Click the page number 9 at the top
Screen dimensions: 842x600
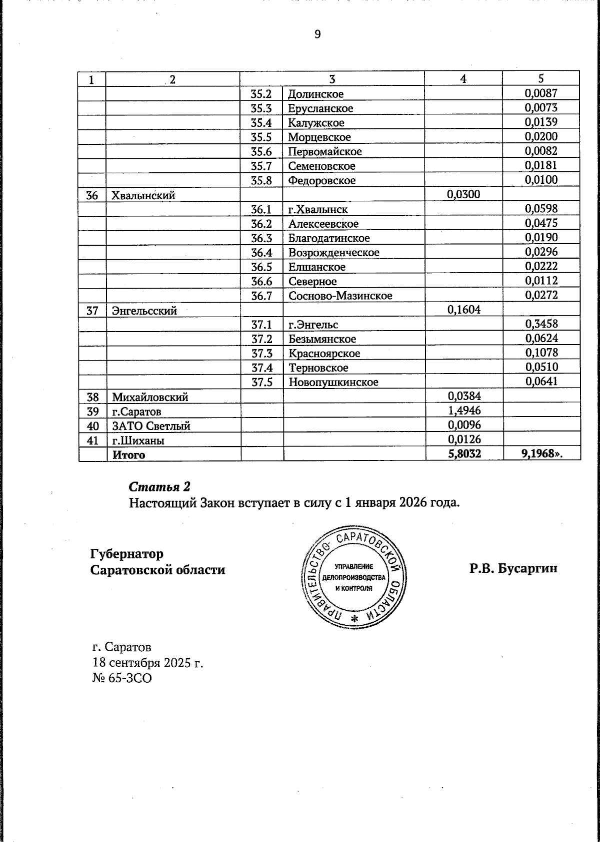[x=317, y=34]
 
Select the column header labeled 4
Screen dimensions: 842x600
[x=463, y=78]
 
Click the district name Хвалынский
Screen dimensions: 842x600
[x=143, y=195]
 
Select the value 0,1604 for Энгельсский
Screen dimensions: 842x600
[x=464, y=310]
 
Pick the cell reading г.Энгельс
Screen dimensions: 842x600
[x=313, y=325]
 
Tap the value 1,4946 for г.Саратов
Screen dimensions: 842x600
[x=464, y=411]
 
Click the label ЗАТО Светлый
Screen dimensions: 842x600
[x=151, y=426]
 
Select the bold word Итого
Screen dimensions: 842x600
[x=128, y=455]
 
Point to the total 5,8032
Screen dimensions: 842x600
[x=464, y=454]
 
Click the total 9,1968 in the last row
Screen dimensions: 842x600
[x=539, y=454]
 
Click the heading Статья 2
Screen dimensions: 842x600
[x=159, y=486]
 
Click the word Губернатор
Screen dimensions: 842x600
[x=126, y=554]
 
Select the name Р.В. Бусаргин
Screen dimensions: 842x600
[x=513, y=568]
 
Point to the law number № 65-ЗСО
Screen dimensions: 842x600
[x=122, y=678]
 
